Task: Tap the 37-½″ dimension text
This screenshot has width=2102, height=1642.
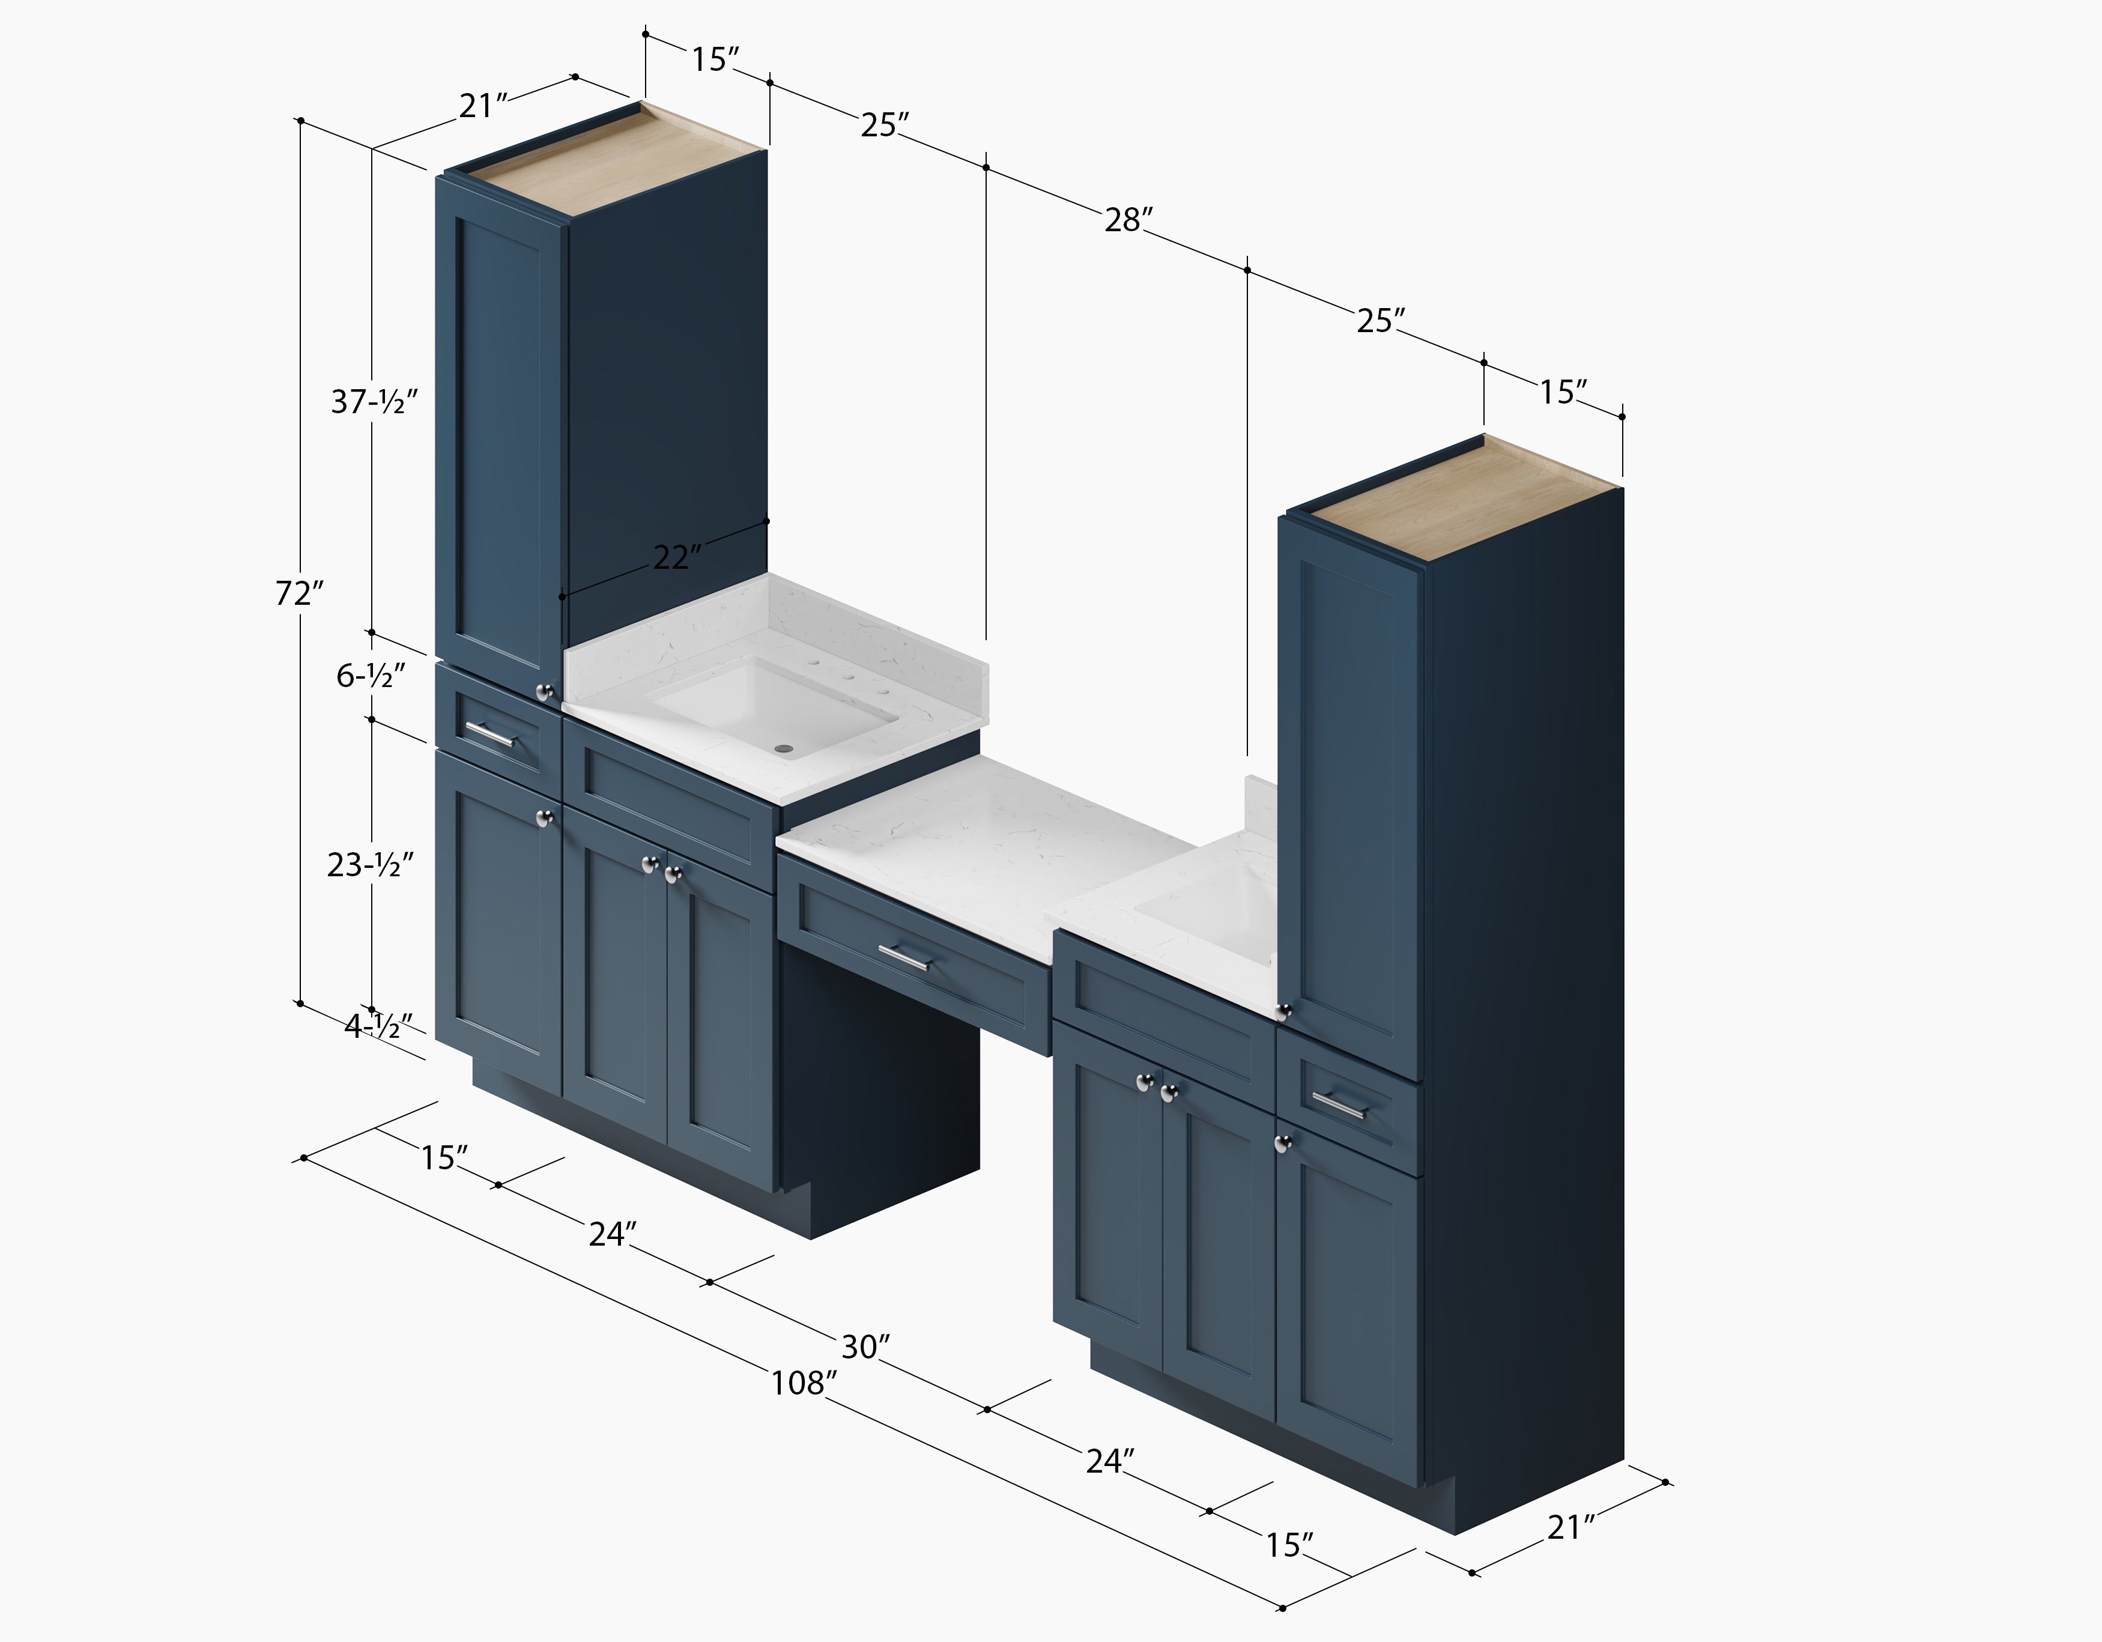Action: click(x=374, y=401)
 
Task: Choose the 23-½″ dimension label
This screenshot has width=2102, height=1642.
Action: click(x=371, y=865)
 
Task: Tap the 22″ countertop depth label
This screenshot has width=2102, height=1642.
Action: click(x=677, y=556)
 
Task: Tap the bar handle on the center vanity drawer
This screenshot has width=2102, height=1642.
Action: click(x=904, y=958)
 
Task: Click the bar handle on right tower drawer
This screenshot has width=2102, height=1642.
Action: click(x=1339, y=1106)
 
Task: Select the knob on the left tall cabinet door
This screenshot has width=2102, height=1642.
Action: click(x=544, y=691)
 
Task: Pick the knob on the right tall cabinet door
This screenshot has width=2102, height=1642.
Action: click(x=1283, y=1011)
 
